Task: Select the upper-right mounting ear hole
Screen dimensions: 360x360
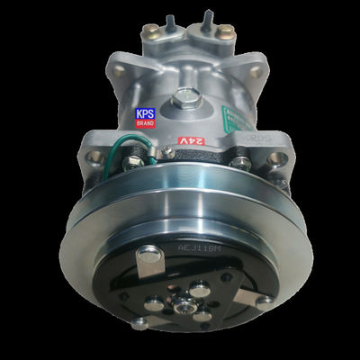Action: click(257, 69)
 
